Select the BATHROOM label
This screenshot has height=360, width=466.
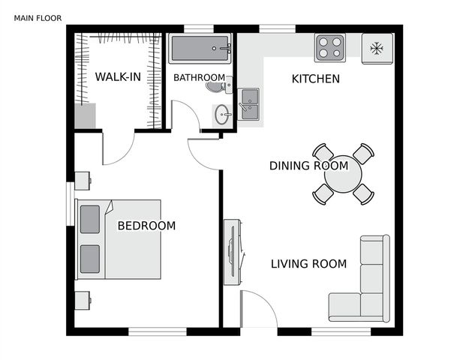(199, 77)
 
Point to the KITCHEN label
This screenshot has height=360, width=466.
(315, 79)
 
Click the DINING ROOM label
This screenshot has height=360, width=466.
(308, 166)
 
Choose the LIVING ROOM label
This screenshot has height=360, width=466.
(308, 264)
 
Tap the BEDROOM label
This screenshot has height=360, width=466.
(146, 226)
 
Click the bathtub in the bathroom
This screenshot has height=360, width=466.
(200, 50)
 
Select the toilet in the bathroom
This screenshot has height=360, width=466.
(217, 88)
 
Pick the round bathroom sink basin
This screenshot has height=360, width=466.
(222, 115)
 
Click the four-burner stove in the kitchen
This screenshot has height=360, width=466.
(329, 47)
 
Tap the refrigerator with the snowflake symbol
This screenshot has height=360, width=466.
(377, 49)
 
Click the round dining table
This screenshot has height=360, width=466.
(343, 174)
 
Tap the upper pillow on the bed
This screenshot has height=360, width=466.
(89, 219)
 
